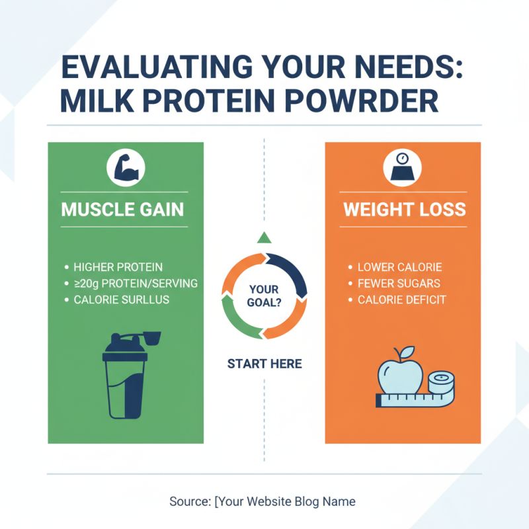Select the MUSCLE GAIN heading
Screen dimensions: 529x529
(x=122, y=210)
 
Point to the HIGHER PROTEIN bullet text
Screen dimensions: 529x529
(x=118, y=267)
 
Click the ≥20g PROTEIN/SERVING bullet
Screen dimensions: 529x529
(x=135, y=283)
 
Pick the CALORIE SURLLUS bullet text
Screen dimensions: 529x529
(x=121, y=300)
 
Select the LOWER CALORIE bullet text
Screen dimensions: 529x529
(x=399, y=267)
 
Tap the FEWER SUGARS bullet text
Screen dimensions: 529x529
(x=399, y=283)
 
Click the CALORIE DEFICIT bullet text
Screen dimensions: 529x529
(x=401, y=300)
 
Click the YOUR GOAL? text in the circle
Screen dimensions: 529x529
(x=264, y=296)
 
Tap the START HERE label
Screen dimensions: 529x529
(x=264, y=364)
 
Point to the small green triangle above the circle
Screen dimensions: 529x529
(x=264, y=237)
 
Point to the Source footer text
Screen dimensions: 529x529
(x=262, y=501)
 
